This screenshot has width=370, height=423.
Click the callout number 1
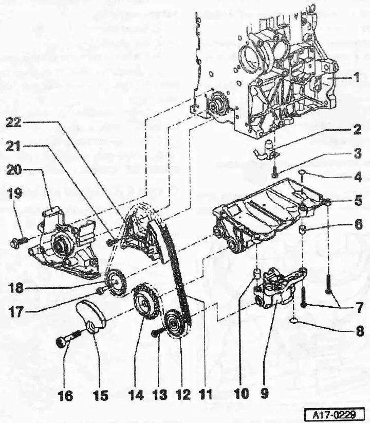point(357,77)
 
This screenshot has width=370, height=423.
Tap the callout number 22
point(13,123)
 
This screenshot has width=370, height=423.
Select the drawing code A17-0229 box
point(334,414)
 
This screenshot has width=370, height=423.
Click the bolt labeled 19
point(19,240)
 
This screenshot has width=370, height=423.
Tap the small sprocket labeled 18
point(117,283)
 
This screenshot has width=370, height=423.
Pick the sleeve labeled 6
point(304,230)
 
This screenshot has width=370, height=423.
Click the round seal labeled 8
point(294,321)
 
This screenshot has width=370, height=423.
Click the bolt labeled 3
point(275,171)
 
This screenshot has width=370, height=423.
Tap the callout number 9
point(265,393)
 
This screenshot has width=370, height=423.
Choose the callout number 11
point(206,395)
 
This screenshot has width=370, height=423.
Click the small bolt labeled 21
point(112,242)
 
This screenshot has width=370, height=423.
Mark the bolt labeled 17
point(101,291)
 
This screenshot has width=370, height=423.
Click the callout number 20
point(14,170)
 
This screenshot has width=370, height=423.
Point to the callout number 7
point(359,308)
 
